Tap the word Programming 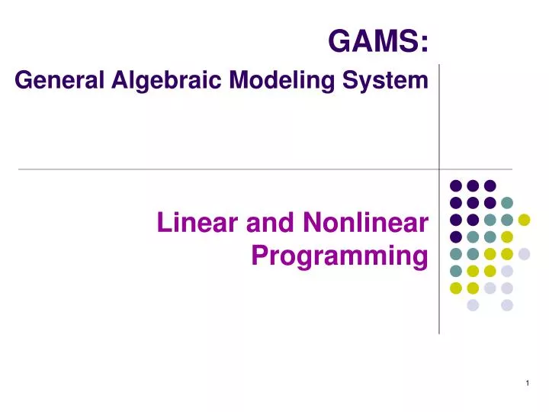point(339,256)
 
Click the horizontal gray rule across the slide point(229,169)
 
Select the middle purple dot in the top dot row point(473,185)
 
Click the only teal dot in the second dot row point(507,203)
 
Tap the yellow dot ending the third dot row point(524,220)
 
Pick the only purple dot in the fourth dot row point(456,237)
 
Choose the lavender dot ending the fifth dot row point(524,254)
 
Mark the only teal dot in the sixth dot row point(456,271)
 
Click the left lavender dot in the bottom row point(473,305)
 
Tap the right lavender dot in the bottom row point(507,305)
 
